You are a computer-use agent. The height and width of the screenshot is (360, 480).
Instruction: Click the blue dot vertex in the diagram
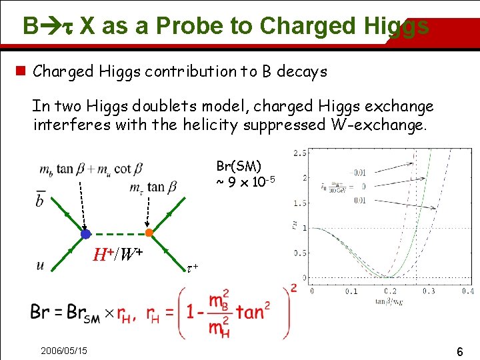(x=85, y=234)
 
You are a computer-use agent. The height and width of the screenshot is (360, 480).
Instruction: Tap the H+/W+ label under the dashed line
(x=118, y=254)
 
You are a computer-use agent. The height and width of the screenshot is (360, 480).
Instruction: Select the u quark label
(x=41, y=265)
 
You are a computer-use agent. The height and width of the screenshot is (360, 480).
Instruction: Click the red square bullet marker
(x=21, y=71)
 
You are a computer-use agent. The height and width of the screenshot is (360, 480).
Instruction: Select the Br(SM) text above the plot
(x=239, y=166)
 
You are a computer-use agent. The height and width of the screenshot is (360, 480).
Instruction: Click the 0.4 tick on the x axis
(x=467, y=291)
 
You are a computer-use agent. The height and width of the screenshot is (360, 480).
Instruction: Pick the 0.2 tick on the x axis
(x=390, y=291)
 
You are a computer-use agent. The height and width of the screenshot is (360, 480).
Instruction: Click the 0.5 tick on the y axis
(x=300, y=253)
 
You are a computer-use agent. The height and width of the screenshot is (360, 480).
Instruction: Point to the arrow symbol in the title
(x=54, y=26)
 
